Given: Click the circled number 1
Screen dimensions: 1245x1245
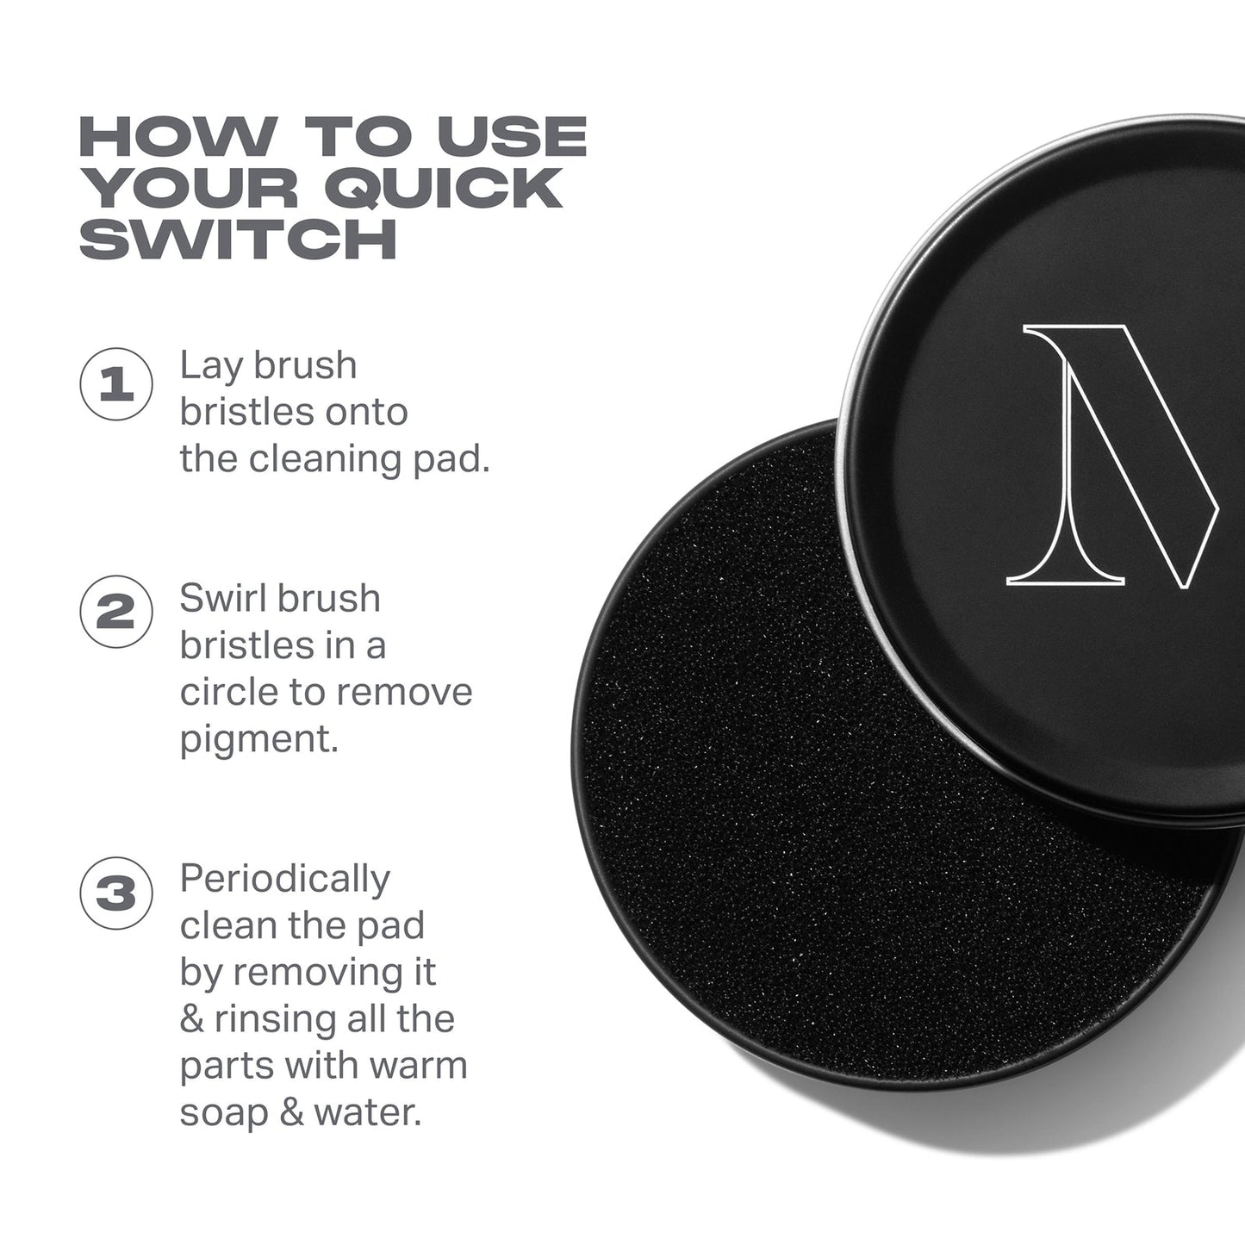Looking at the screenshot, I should (x=116, y=384).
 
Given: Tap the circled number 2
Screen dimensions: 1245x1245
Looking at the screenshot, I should (x=116, y=613).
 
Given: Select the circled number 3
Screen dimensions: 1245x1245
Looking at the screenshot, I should (x=116, y=893).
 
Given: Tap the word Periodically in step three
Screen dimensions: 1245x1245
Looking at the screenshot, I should (x=285, y=880).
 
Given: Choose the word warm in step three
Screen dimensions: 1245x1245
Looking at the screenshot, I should (x=418, y=1066).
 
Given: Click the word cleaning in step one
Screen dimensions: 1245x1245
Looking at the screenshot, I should (x=326, y=459).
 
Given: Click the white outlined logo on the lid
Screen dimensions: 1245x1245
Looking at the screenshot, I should (x=1111, y=457).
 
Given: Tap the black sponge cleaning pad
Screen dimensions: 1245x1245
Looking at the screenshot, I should (x=819, y=819).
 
